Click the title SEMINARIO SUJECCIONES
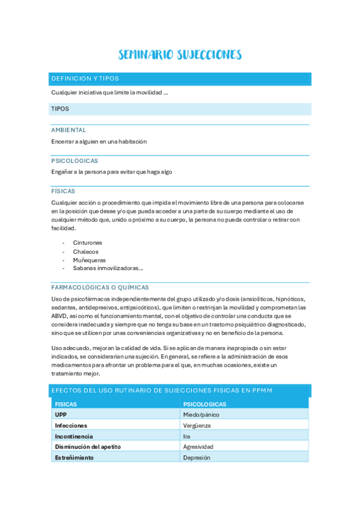pyautogui.click(x=180, y=55)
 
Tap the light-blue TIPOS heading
pyautogui.click(x=60, y=109)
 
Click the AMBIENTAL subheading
pyautogui.click(x=69, y=130)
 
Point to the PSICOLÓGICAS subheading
pyautogui.click(x=75, y=161)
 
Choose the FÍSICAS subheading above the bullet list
pyautogui.click(x=63, y=191)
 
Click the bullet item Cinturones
pyautogui.click(x=88, y=243)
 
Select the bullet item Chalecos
pyautogui.click(x=86, y=251)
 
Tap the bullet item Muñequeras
pyautogui.click(x=90, y=260)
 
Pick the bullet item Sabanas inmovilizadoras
pyautogui.click(x=108, y=268)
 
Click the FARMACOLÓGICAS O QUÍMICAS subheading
pyautogui.click(x=100, y=287)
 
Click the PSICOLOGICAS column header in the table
pyautogui.click(x=204, y=405)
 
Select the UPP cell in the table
pyautogui.click(x=61, y=415)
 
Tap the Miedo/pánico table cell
pyautogui.click(x=201, y=415)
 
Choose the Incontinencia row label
pyautogui.click(x=74, y=436)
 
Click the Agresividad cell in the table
pyautogui.click(x=198, y=447)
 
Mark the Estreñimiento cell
pyautogui.click(x=75, y=457)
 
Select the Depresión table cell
pyautogui.click(x=197, y=457)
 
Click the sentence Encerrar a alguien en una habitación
pyautogui.click(x=99, y=142)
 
